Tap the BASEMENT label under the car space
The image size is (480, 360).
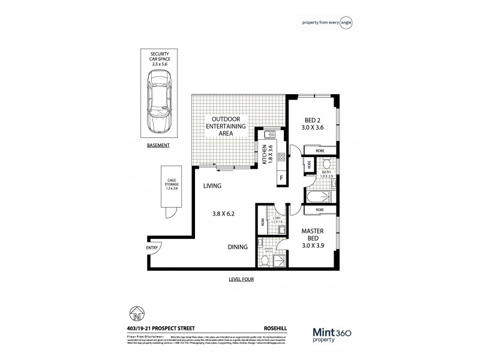(x=159, y=145)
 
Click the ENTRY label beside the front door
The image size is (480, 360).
(x=152, y=248)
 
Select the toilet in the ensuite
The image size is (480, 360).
(x=265, y=259)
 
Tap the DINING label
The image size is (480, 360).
(x=239, y=247)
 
